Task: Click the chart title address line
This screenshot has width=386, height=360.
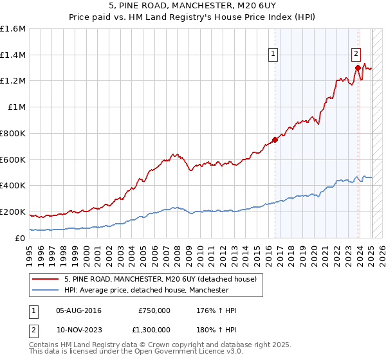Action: (192, 6)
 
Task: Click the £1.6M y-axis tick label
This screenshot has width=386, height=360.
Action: (13, 29)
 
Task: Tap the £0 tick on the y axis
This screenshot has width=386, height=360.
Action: (21, 238)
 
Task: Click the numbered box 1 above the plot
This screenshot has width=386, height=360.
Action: (274, 55)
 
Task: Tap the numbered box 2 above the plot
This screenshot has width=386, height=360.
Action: (356, 55)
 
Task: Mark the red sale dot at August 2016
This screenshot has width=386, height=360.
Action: (275, 139)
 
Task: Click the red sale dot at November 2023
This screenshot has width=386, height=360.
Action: (357, 67)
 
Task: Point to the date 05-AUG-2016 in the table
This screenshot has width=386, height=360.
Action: (79, 310)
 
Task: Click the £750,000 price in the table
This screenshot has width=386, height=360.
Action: (154, 310)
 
